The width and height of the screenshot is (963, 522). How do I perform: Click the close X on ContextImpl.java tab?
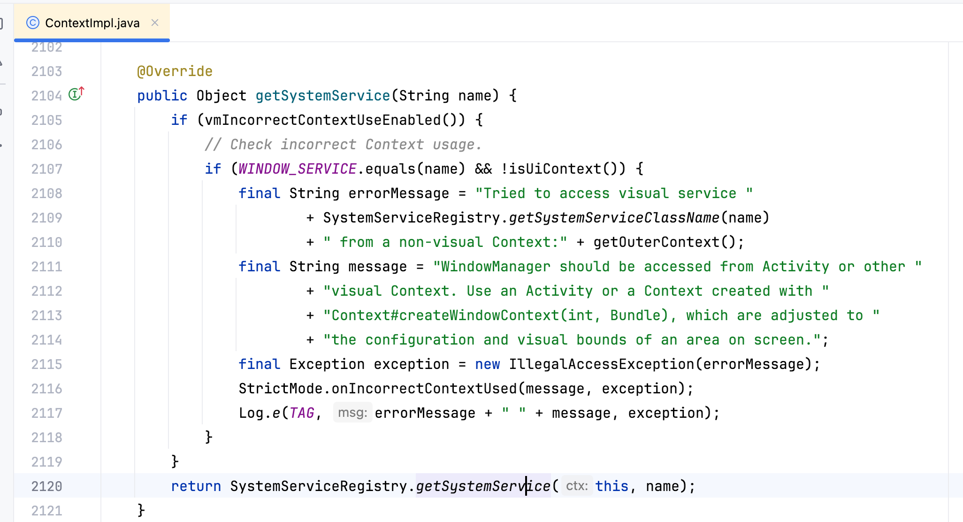click(155, 23)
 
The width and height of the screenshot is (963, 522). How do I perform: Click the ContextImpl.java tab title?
click(92, 23)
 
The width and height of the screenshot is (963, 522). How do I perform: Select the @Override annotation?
click(175, 71)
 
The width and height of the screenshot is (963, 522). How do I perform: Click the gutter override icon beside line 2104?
click(76, 94)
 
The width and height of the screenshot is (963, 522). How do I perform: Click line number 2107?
click(46, 169)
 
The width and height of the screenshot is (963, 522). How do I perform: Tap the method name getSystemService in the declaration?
click(322, 96)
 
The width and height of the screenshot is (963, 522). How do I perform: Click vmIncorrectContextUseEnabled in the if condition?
click(323, 120)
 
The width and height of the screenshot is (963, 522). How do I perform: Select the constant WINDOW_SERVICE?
click(297, 169)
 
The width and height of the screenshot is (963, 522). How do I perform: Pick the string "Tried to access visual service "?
click(614, 193)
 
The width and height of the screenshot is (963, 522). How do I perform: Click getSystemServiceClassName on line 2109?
click(614, 218)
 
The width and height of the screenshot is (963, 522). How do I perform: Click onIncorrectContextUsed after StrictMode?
click(424, 389)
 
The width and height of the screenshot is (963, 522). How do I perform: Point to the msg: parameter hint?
click(352, 413)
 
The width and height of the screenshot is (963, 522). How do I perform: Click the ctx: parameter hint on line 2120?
click(577, 486)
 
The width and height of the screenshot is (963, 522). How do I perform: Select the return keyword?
click(196, 486)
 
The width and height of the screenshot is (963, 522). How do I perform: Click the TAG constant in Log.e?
click(302, 413)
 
